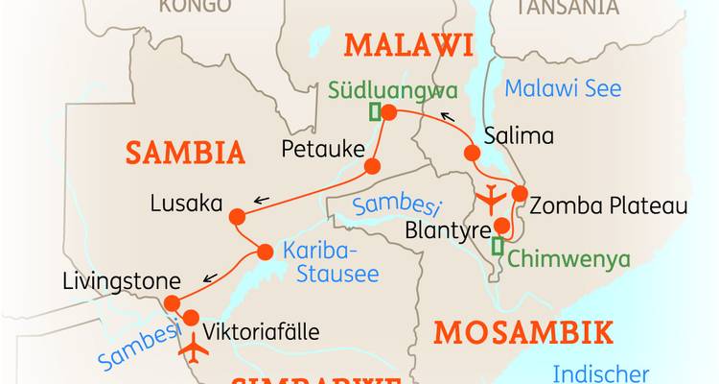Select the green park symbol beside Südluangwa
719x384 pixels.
coord(375,112)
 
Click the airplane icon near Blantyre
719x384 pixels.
coord(490,198)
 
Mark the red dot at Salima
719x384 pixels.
coord(472,153)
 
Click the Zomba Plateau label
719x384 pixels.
coord(609,205)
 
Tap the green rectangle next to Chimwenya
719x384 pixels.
coord(497,246)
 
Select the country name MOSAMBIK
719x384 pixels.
coord(522,333)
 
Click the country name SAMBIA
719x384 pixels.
coord(185,152)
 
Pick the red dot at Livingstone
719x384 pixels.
coord(172,303)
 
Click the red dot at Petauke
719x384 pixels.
coord(372,167)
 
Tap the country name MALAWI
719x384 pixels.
coord(410,45)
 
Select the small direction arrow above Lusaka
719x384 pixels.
coord(261,201)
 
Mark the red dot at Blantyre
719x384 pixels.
coord(500,227)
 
